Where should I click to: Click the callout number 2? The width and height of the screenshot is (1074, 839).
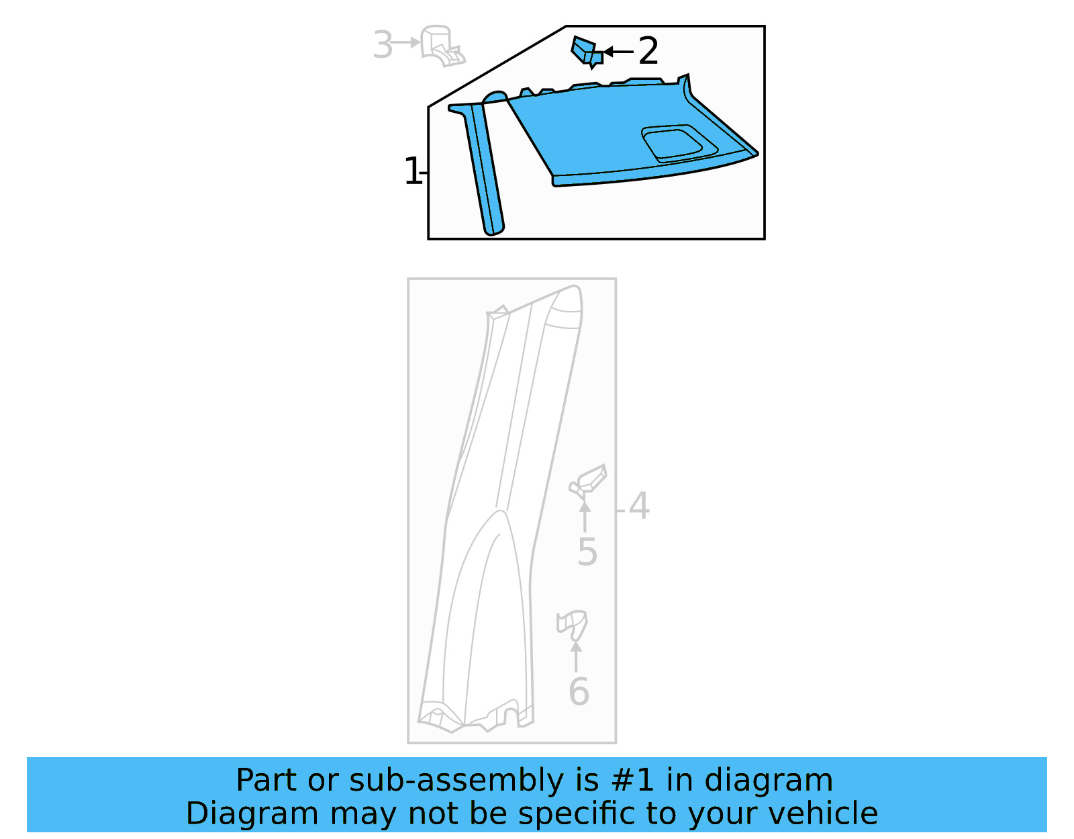[648, 51]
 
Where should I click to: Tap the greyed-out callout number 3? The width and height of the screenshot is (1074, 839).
[382, 45]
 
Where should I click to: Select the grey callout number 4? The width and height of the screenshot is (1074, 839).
[639, 506]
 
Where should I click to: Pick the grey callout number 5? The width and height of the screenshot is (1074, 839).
[587, 552]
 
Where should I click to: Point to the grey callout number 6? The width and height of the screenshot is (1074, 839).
[578, 691]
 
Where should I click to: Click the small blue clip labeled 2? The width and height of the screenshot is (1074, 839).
[585, 52]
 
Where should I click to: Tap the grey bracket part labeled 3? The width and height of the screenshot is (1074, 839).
[440, 46]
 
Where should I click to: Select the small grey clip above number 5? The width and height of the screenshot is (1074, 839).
[589, 482]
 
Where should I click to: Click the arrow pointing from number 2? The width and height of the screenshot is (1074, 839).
[618, 51]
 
